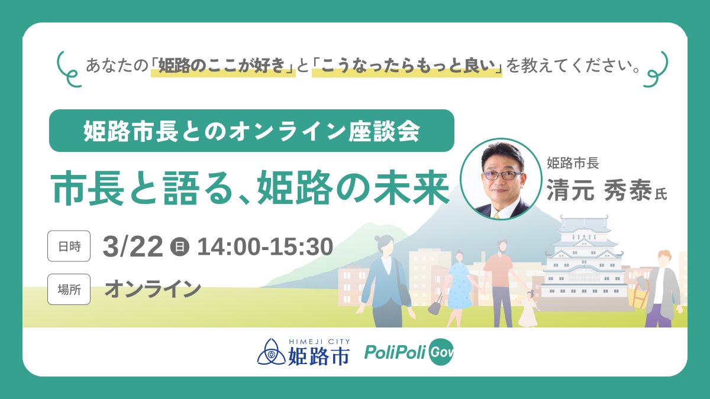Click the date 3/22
[133, 246]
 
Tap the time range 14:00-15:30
[265, 246]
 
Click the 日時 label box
[69, 246]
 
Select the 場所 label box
[69, 289]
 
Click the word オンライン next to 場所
[153, 289]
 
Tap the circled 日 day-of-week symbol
[179, 246]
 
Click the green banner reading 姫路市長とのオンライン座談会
[251, 131]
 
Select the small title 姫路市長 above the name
[573, 162]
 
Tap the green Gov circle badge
[441, 352]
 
